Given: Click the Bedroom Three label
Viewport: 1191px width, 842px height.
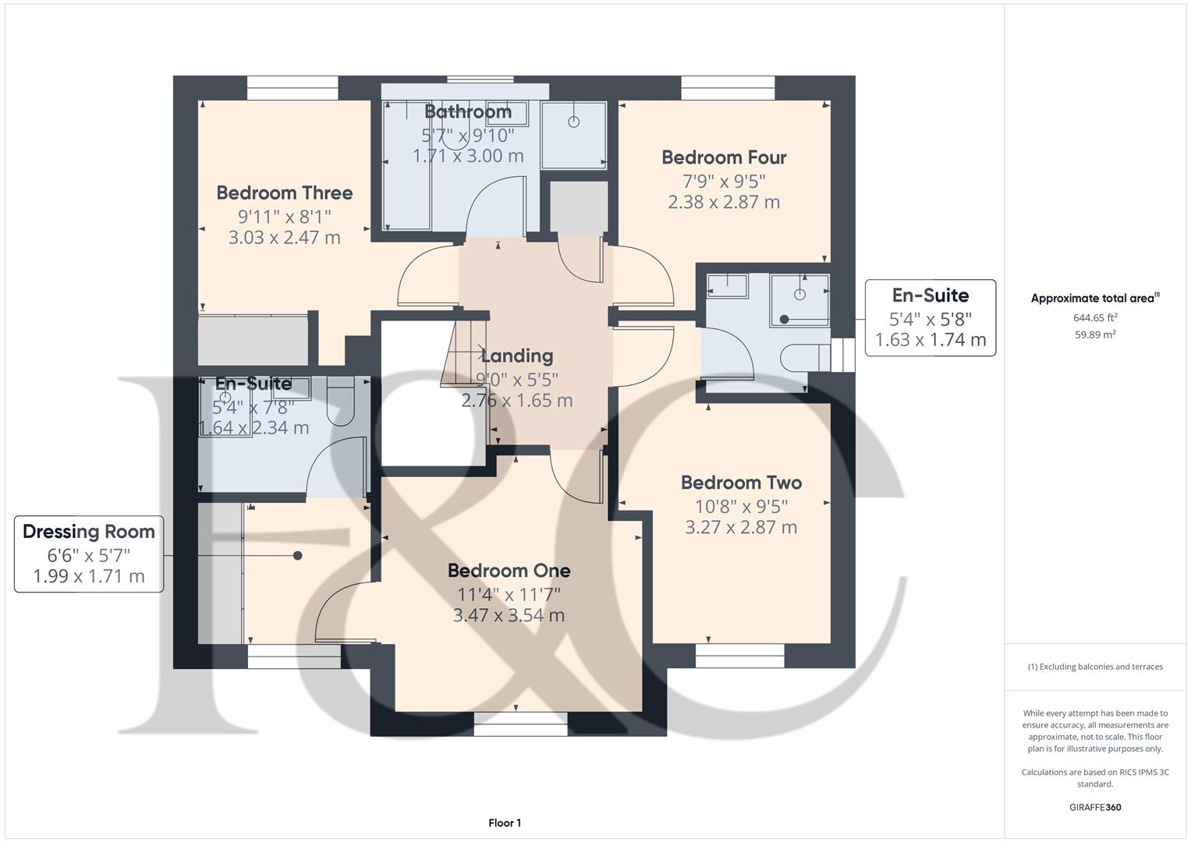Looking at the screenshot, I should [x=284, y=193].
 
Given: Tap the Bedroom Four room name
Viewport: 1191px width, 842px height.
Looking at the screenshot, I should [x=724, y=157].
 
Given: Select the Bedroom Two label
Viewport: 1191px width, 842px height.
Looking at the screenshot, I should [x=741, y=483].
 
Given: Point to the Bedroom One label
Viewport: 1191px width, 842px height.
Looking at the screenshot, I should [x=509, y=571].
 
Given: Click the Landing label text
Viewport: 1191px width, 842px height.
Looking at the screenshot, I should [x=517, y=356].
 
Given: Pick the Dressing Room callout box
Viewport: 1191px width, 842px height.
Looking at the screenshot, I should [x=89, y=554].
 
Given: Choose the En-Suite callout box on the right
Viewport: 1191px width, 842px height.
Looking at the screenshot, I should [x=930, y=317].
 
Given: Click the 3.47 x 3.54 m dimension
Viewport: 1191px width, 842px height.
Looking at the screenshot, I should [x=509, y=615].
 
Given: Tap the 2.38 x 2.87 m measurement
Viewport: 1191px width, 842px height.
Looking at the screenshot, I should [x=724, y=202].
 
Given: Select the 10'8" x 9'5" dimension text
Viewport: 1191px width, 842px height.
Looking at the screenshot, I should [x=741, y=505].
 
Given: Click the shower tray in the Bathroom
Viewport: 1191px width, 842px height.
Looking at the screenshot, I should [x=574, y=134].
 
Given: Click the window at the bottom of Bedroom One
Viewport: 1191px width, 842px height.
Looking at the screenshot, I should [x=520, y=729].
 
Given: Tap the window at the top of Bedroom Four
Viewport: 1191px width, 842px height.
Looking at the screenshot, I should [x=728, y=87].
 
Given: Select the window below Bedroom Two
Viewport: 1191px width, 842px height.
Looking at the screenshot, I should [x=739, y=660].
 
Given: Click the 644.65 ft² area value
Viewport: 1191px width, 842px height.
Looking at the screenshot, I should [x=1095, y=317].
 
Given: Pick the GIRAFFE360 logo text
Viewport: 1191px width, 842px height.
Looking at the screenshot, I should [x=1095, y=807].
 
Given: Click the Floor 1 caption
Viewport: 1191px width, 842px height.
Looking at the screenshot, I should [x=505, y=823].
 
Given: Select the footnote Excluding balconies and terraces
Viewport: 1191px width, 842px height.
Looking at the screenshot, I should [x=1095, y=667].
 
